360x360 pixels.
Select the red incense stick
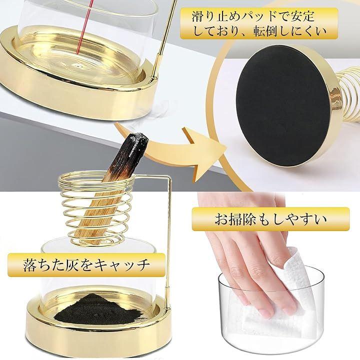(x=84, y=27)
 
